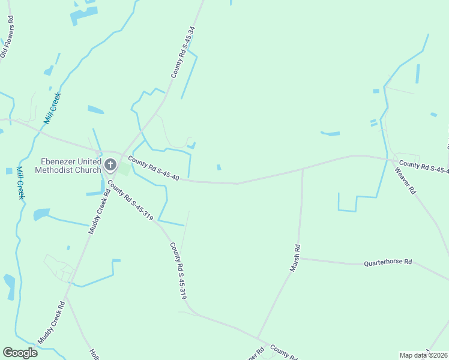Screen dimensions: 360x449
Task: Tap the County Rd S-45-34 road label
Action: coord(183,52)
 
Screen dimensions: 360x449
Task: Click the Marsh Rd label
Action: coord(295,258)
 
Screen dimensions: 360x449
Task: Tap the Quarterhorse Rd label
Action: coord(388,263)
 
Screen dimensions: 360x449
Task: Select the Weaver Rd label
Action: coord(405,180)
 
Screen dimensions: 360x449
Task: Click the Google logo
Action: coord(20,353)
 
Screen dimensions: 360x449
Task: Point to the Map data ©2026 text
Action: coord(423,355)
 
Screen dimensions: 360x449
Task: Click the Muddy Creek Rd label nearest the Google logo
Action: coord(51,323)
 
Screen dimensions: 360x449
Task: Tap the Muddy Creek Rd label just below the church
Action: coord(100,211)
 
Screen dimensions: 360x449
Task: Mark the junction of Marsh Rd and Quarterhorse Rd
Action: coord(300,259)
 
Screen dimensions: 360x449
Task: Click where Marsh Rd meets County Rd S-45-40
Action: coord(303,169)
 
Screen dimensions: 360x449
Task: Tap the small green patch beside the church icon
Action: coord(123,169)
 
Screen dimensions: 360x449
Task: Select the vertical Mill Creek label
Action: coord(20,183)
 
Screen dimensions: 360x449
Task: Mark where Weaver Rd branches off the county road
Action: coord(391,160)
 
